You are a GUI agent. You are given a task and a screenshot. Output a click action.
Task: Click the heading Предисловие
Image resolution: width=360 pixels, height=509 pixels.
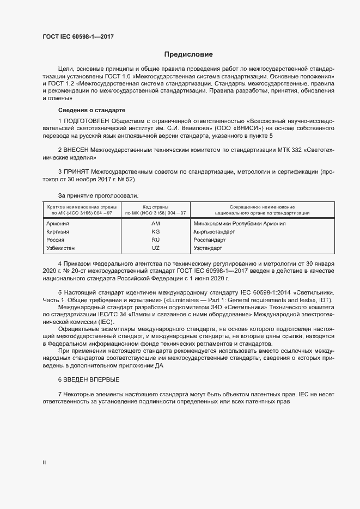(188, 54)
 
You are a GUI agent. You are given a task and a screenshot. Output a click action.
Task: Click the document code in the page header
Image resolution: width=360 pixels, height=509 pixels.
(78, 36)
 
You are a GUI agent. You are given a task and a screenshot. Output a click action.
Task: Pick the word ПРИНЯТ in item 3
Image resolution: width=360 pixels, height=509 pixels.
(77, 171)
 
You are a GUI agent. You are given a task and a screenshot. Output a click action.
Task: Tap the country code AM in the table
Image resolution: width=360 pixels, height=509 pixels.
(156, 224)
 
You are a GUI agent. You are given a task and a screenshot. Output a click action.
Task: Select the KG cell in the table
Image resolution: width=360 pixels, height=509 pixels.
(156, 231)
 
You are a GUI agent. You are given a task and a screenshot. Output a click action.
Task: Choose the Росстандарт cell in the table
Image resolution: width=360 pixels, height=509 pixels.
(209, 240)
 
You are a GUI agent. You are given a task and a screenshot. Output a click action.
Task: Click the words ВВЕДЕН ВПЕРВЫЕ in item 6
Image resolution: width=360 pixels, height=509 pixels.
(91, 379)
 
